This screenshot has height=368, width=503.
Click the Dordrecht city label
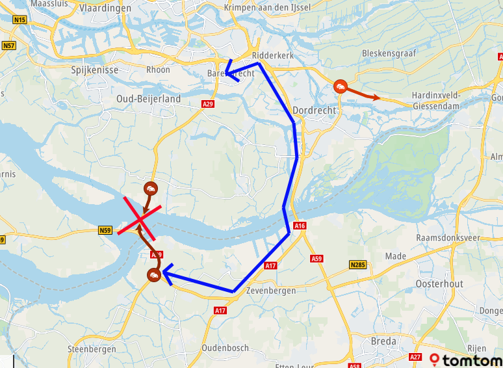coord(315,111)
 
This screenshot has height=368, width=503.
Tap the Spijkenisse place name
coord(92,69)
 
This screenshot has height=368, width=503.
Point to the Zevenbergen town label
coord(270,291)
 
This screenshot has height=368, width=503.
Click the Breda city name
coord(382,341)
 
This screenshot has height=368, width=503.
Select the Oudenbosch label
coord(226,348)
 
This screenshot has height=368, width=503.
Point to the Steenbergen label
coord(92,349)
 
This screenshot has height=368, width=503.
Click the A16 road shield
coord(300,226)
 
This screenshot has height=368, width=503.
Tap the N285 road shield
coord(357,265)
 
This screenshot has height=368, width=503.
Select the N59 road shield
coord(105,230)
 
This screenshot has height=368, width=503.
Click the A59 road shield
coord(316,259)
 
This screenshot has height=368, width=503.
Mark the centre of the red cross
coord(141,222)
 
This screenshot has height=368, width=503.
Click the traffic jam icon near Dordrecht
coord(339,87)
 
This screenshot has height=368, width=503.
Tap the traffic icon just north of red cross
coord(150,189)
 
